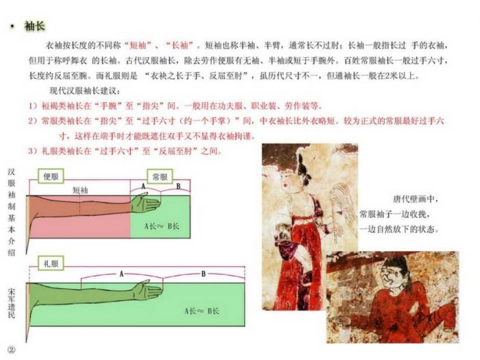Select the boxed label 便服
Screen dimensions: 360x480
(52, 176)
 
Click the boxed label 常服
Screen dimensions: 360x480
(159, 176)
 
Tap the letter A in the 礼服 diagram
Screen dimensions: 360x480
(121, 273)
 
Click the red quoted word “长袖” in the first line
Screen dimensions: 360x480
(182, 45)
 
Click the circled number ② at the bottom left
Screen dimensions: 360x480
(11, 349)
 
